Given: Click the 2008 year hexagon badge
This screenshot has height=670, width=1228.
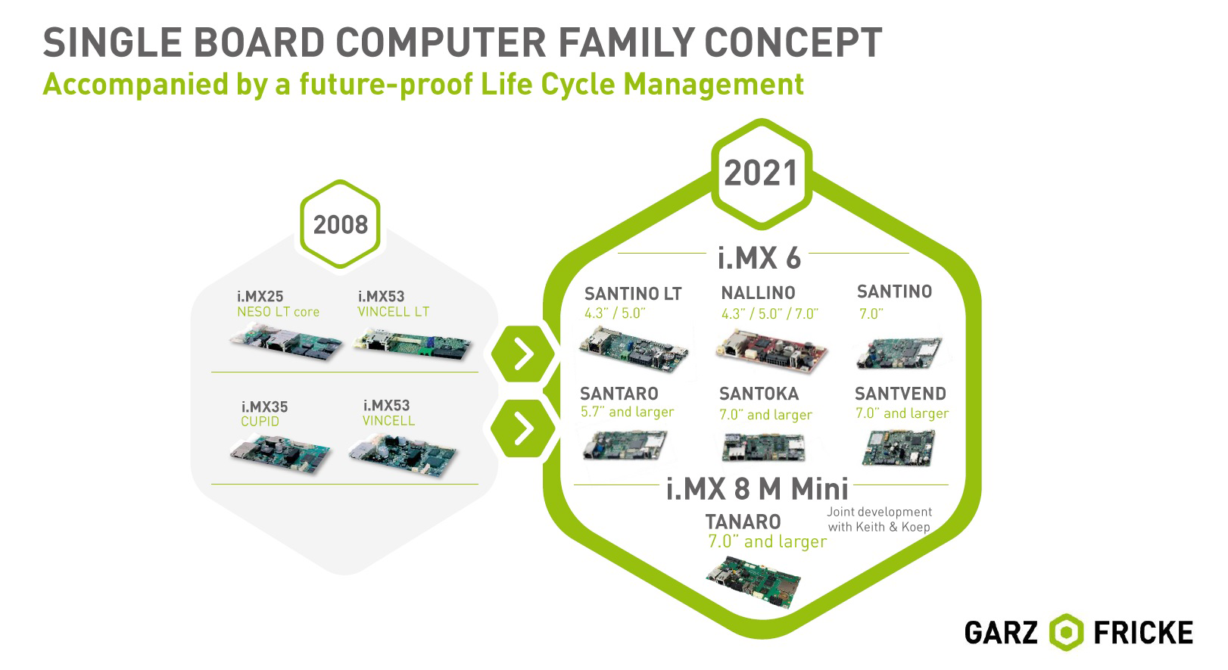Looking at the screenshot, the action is coord(340,224).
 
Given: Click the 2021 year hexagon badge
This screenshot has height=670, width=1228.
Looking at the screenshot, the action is coord(762,173).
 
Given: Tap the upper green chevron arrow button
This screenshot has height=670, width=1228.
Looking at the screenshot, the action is coord(522,354).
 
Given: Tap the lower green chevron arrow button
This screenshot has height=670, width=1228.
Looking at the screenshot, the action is coord(522,428).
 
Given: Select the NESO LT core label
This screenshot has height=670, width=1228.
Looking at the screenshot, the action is coord(278,312).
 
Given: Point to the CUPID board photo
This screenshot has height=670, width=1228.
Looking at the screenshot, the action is coord(280,453).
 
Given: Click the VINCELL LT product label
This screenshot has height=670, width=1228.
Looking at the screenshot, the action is coord(394,312).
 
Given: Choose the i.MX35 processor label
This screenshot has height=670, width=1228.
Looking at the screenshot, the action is coord(264,407).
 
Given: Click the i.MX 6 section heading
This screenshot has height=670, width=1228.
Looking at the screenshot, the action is coord(759,258).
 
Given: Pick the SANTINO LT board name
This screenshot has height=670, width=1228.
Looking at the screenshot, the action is coord(633,294).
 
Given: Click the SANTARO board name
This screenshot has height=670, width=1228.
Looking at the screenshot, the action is coord(619,394).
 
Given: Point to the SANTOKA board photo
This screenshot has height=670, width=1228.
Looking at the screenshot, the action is coord(764,447).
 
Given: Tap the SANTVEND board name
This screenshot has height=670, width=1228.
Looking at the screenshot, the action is coord(900,394).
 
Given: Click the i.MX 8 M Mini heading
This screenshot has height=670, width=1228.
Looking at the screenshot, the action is coord(757,488).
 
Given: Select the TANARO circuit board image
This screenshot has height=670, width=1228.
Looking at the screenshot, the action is coord(754,581).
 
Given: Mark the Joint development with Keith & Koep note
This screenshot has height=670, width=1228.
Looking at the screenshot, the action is coord(879,519).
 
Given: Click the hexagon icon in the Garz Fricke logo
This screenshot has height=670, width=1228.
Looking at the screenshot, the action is coord(1066,633).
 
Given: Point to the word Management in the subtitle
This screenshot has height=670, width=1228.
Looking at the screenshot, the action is coord(713,85).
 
